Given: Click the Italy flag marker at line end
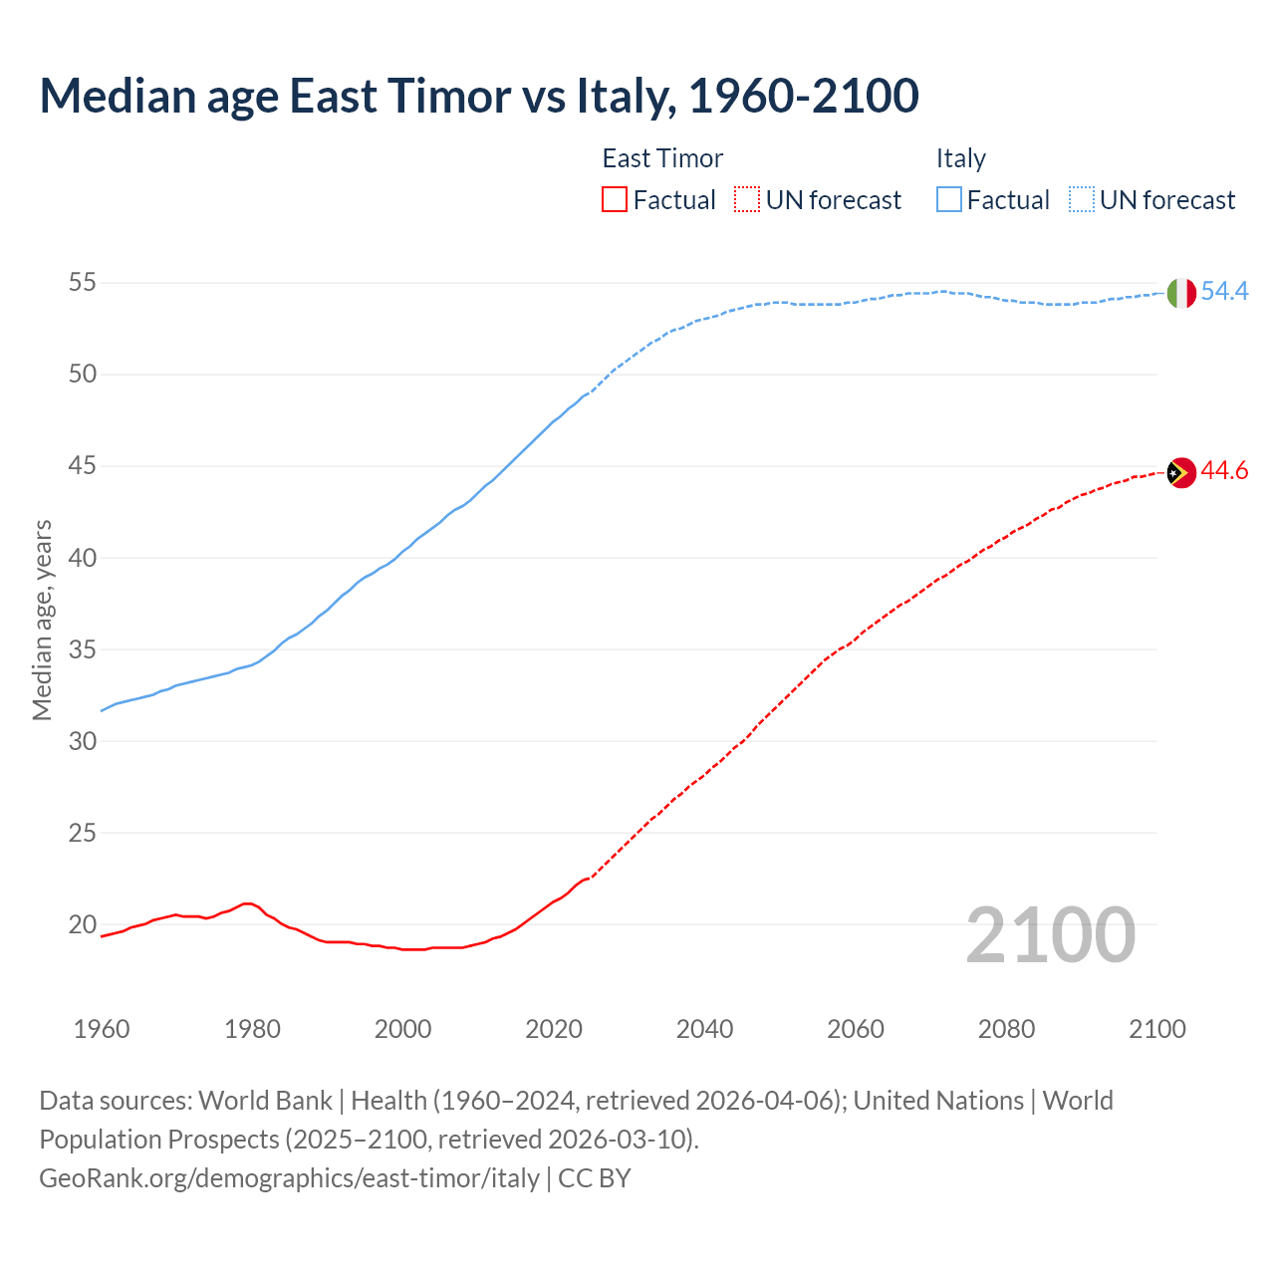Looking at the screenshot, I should click(x=1180, y=293).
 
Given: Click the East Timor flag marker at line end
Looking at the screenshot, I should click(x=1180, y=472).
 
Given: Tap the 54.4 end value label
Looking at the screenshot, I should click(x=1224, y=292).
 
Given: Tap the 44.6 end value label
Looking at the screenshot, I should click(x=1224, y=471).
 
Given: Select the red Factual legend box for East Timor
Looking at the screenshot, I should click(x=615, y=200).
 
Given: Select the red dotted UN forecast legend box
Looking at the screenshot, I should click(x=747, y=200).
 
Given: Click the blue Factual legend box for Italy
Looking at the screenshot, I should click(x=949, y=200).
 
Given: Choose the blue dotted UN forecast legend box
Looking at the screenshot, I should click(x=1081, y=200).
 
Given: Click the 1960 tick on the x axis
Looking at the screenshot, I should click(x=102, y=1029).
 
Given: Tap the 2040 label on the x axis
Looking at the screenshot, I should click(x=704, y=1029).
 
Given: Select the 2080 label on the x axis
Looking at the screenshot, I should click(x=1006, y=1029).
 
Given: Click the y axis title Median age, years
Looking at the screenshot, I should click(x=42, y=620).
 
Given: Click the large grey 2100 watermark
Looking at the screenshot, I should click(x=1050, y=934).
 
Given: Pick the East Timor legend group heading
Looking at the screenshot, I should click(x=662, y=158).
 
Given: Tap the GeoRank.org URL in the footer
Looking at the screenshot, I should click(x=289, y=1177).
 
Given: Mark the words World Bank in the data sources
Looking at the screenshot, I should click(x=265, y=1101).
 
